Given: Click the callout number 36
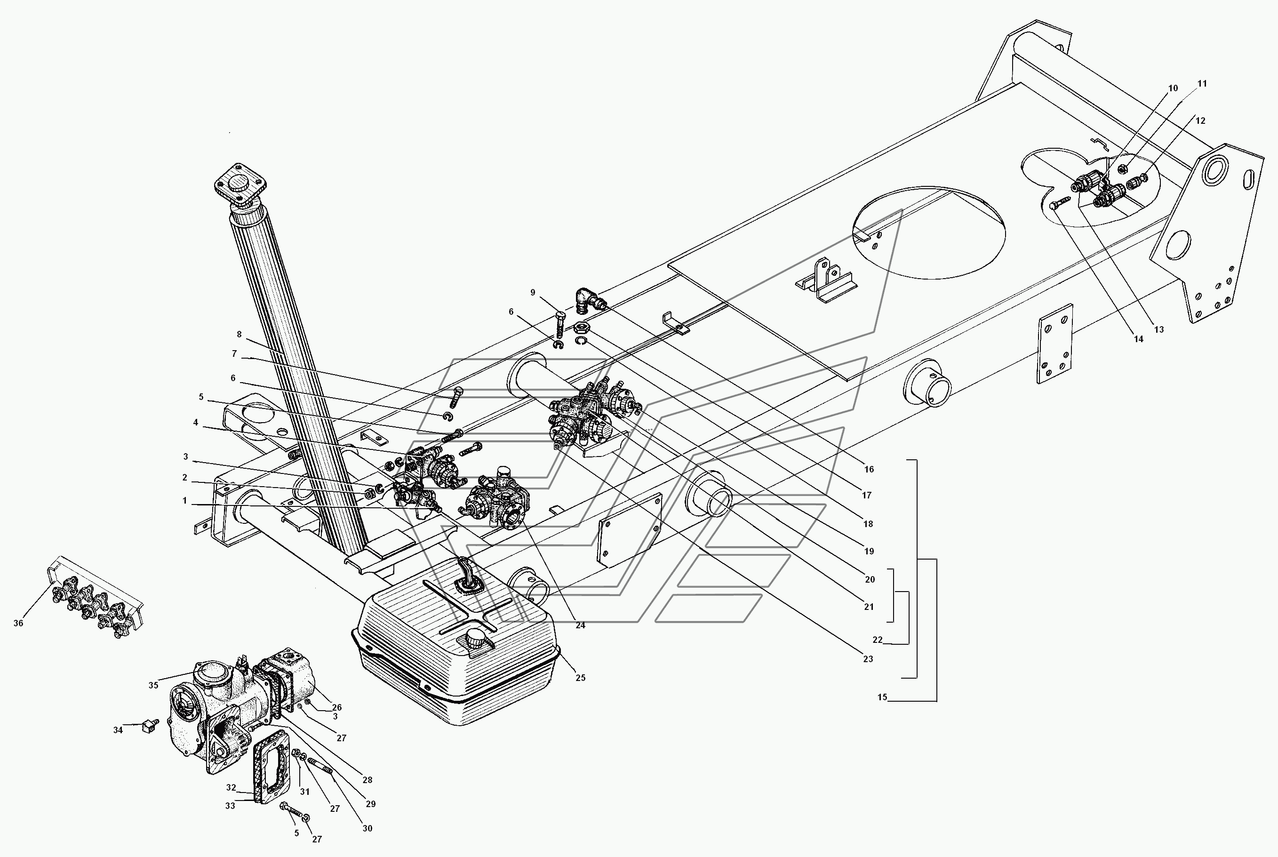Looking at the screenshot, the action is point(18,623).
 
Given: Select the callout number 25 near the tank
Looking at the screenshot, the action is point(580,678).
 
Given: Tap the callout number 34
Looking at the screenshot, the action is point(118,730).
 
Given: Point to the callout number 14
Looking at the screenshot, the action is point(1138,339).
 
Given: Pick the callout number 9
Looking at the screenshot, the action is point(533,292).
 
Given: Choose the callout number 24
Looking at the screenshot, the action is point(580,625).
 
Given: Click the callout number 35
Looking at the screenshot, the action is point(153,685).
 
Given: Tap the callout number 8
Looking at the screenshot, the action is point(239,335).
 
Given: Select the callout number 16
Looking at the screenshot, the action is point(869,469).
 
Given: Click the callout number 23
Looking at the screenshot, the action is point(868,659).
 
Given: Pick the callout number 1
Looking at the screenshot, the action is point(184,501).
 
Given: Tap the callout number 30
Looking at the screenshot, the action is point(367,829).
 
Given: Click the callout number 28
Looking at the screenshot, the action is point(367,780).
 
